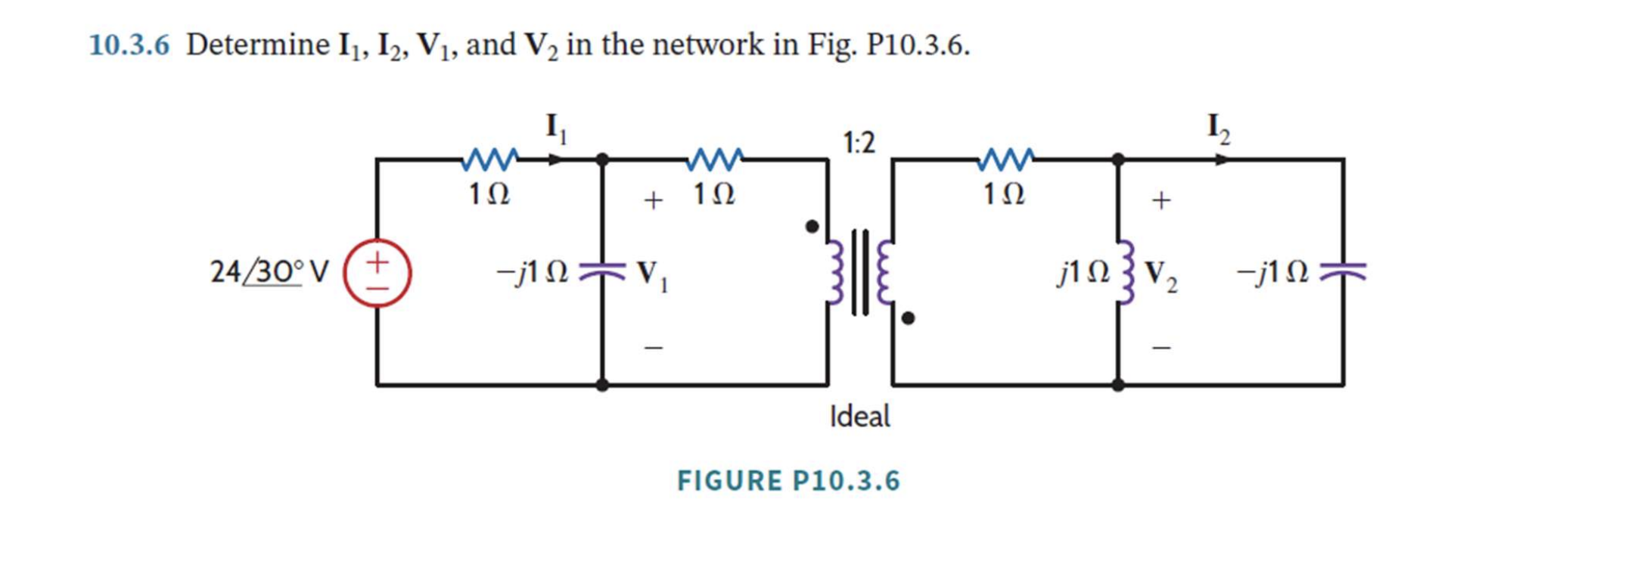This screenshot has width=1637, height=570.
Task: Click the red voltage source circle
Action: click(377, 273)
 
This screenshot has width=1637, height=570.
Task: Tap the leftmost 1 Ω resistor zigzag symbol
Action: click(489, 160)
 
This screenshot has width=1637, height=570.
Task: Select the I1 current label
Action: click(556, 128)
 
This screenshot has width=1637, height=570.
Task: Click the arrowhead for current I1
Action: click(556, 160)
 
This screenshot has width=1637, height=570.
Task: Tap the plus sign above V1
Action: click(653, 200)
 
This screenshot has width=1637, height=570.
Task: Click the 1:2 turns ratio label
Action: click(859, 142)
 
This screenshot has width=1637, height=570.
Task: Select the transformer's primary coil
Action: click(835, 272)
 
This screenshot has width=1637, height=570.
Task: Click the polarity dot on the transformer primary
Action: click(812, 226)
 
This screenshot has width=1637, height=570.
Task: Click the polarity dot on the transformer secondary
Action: click(908, 318)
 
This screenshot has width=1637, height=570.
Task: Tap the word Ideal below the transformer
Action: click(859, 417)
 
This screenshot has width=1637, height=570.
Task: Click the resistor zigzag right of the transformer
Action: click(1005, 160)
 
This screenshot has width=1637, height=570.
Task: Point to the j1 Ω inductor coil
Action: click(1125, 272)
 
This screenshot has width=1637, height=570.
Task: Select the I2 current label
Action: click(1219, 128)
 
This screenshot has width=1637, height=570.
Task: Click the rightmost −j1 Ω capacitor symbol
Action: click(1343, 271)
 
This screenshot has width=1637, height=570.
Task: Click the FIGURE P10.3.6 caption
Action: click(788, 481)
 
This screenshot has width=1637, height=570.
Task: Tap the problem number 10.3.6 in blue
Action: click(129, 45)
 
